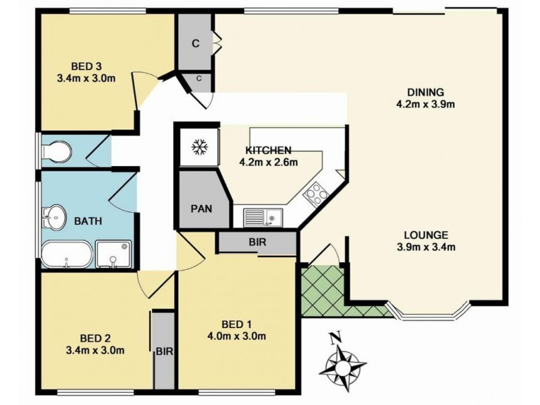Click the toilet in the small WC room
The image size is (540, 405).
pyautogui.click(x=56, y=151)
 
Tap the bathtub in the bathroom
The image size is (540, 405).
pyautogui.click(x=67, y=254)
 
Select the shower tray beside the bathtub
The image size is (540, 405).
pyautogui.click(x=113, y=254)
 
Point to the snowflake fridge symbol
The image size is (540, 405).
pyautogui.click(x=200, y=147)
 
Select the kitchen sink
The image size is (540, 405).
pyautogui.click(x=263, y=218)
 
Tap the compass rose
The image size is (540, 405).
pyautogui.click(x=342, y=366)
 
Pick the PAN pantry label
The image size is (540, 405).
pyautogui.click(x=201, y=209)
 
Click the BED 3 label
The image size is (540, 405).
pyautogui.click(x=86, y=65)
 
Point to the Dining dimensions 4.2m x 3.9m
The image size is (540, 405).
pyautogui.click(x=425, y=104)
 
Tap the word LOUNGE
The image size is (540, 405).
pyautogui.click(x=426, y=235)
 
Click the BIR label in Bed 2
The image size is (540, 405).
pyautogui.click(x=164, y=352)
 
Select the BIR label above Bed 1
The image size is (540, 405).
pyautogui.click(x=258, y=242)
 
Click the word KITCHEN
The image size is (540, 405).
pyautogui.click(x=268, y=151)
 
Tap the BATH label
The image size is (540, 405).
pyautogui.click(x=88, y=221)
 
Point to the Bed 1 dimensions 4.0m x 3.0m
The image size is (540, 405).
pyautogui.click(x=236, y=335)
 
